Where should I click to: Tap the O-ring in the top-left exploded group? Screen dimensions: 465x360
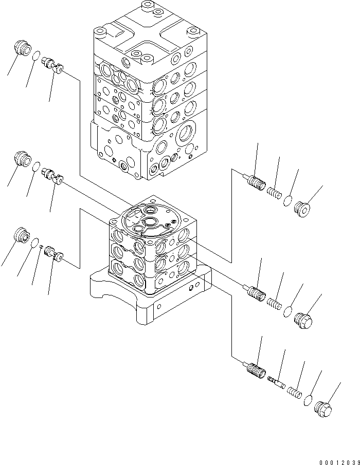pyautogui.click(x=36, y=56)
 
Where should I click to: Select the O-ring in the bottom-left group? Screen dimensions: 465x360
pyautogui.click(x=34, y=242)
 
